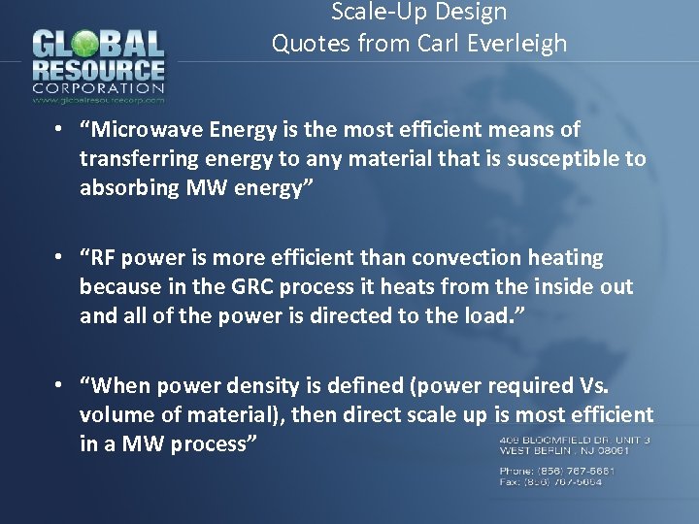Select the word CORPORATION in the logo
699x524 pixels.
99,87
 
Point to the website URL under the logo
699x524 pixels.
99,99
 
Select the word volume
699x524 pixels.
115,415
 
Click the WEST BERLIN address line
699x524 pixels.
565,450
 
